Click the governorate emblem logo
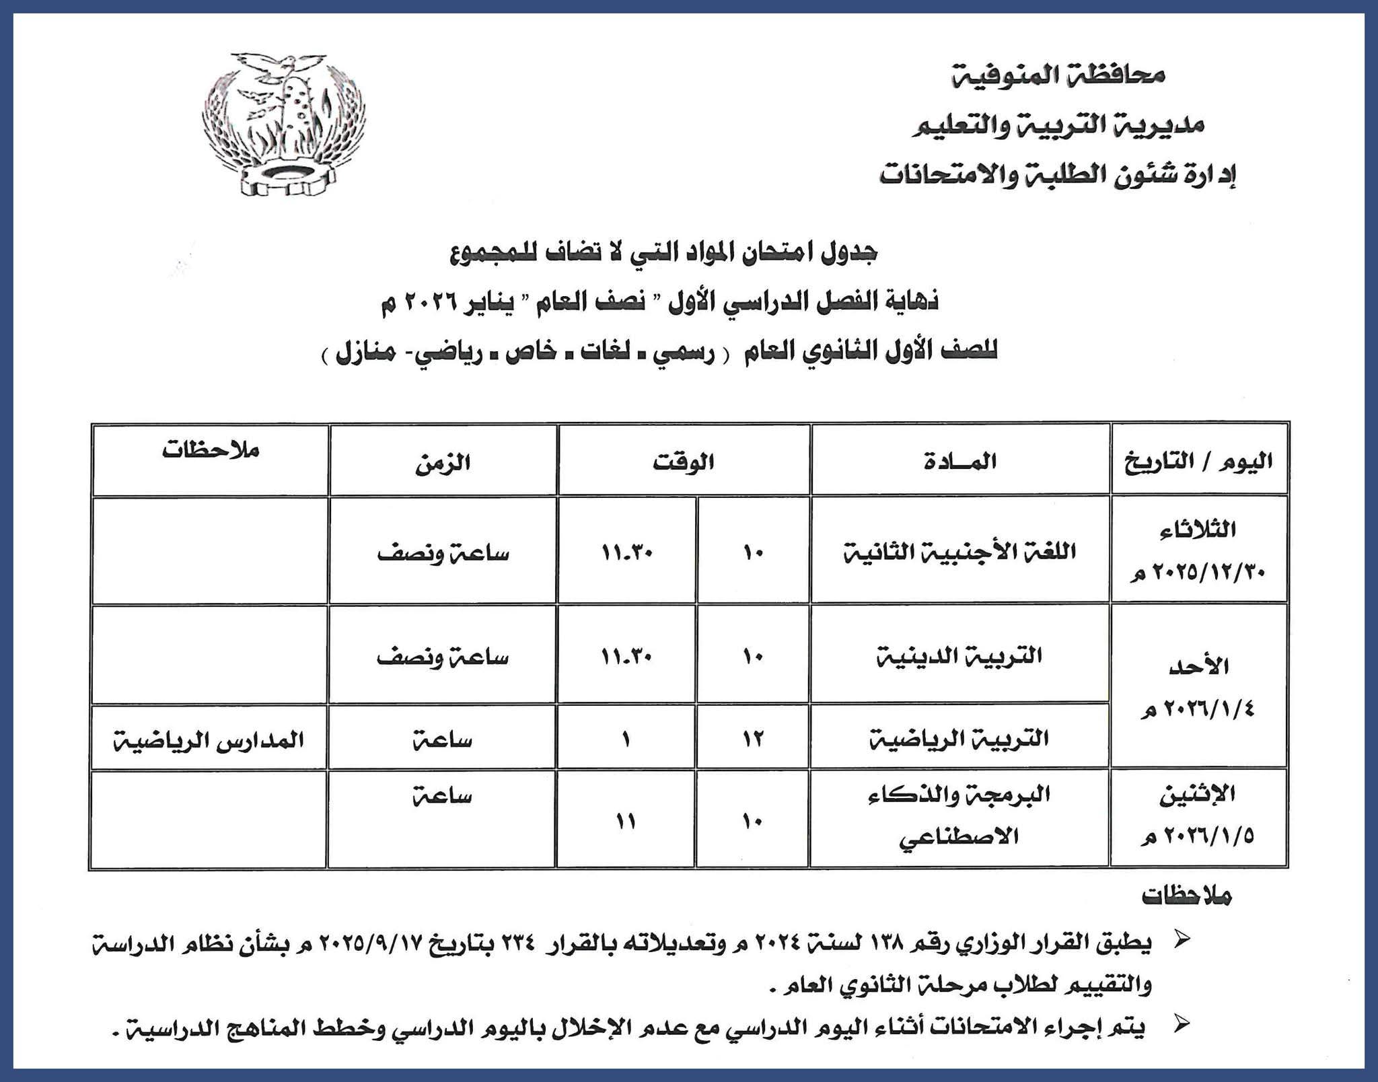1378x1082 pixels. click(x=284, y=123)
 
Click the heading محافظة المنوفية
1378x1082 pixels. click(x=1058, y=74)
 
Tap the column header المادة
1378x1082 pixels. click(x=960, y=462)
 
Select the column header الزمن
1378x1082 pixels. click(x=442, y=464)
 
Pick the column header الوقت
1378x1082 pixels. click(x=683, y=462)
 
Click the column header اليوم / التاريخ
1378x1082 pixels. click(x=1199, y=462)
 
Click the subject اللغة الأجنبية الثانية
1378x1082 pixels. click(x=960, y=552)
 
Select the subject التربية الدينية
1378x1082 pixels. click(x=959, y=655)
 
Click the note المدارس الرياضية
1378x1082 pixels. click(x=209, y=741)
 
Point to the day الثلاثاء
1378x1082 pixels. click(x=1198, y=530)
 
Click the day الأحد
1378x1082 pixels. click(x=1198, y=666)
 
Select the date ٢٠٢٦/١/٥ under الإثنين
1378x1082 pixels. click(x=1198, y=837)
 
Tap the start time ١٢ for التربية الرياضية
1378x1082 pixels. click(x=752, y=740)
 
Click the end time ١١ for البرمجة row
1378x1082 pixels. click(x=626, y=822)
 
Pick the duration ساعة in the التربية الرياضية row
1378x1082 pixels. click(x=442, y=741)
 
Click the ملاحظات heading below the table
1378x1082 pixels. click(x=1187, y=896)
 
